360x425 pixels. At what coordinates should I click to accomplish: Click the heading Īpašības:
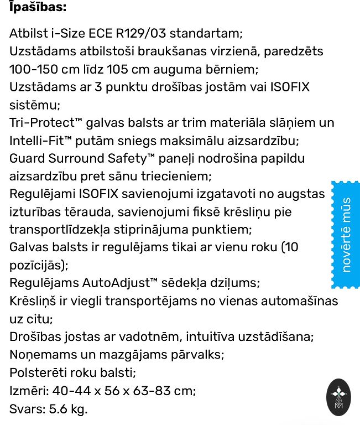tap(38, 7)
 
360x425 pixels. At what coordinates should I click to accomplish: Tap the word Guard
tap(27, 159)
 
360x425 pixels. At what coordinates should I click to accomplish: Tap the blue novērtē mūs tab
tap(346, 234)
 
